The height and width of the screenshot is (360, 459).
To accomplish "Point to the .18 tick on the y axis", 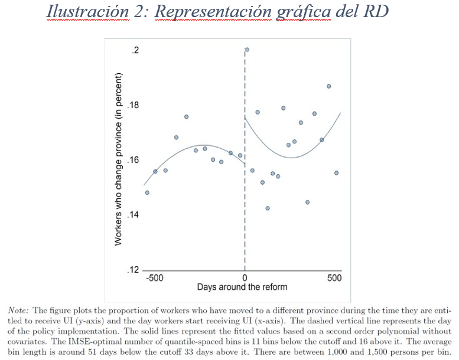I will (x=134, y=106).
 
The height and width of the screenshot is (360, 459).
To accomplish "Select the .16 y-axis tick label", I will (x=134, y=160).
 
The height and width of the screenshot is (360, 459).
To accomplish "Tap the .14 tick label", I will (x=134, y=215).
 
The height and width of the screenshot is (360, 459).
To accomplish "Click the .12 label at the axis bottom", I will (x=134, y=270).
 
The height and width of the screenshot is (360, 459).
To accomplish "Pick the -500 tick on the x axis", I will (x=155, y=278).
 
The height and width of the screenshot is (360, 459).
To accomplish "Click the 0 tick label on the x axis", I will (x=245, y=278).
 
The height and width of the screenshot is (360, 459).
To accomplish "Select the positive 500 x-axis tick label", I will (x=334, y=278).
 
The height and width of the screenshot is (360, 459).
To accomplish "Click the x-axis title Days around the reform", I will (x=242, y=287).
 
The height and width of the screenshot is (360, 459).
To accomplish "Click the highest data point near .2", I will (x=247, y=50).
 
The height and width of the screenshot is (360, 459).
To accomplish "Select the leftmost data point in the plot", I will (x=147, y=192).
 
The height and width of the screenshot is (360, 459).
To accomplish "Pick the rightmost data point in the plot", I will (x=336, y=173).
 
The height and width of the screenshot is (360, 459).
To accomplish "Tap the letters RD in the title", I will (x=376, y=12).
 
